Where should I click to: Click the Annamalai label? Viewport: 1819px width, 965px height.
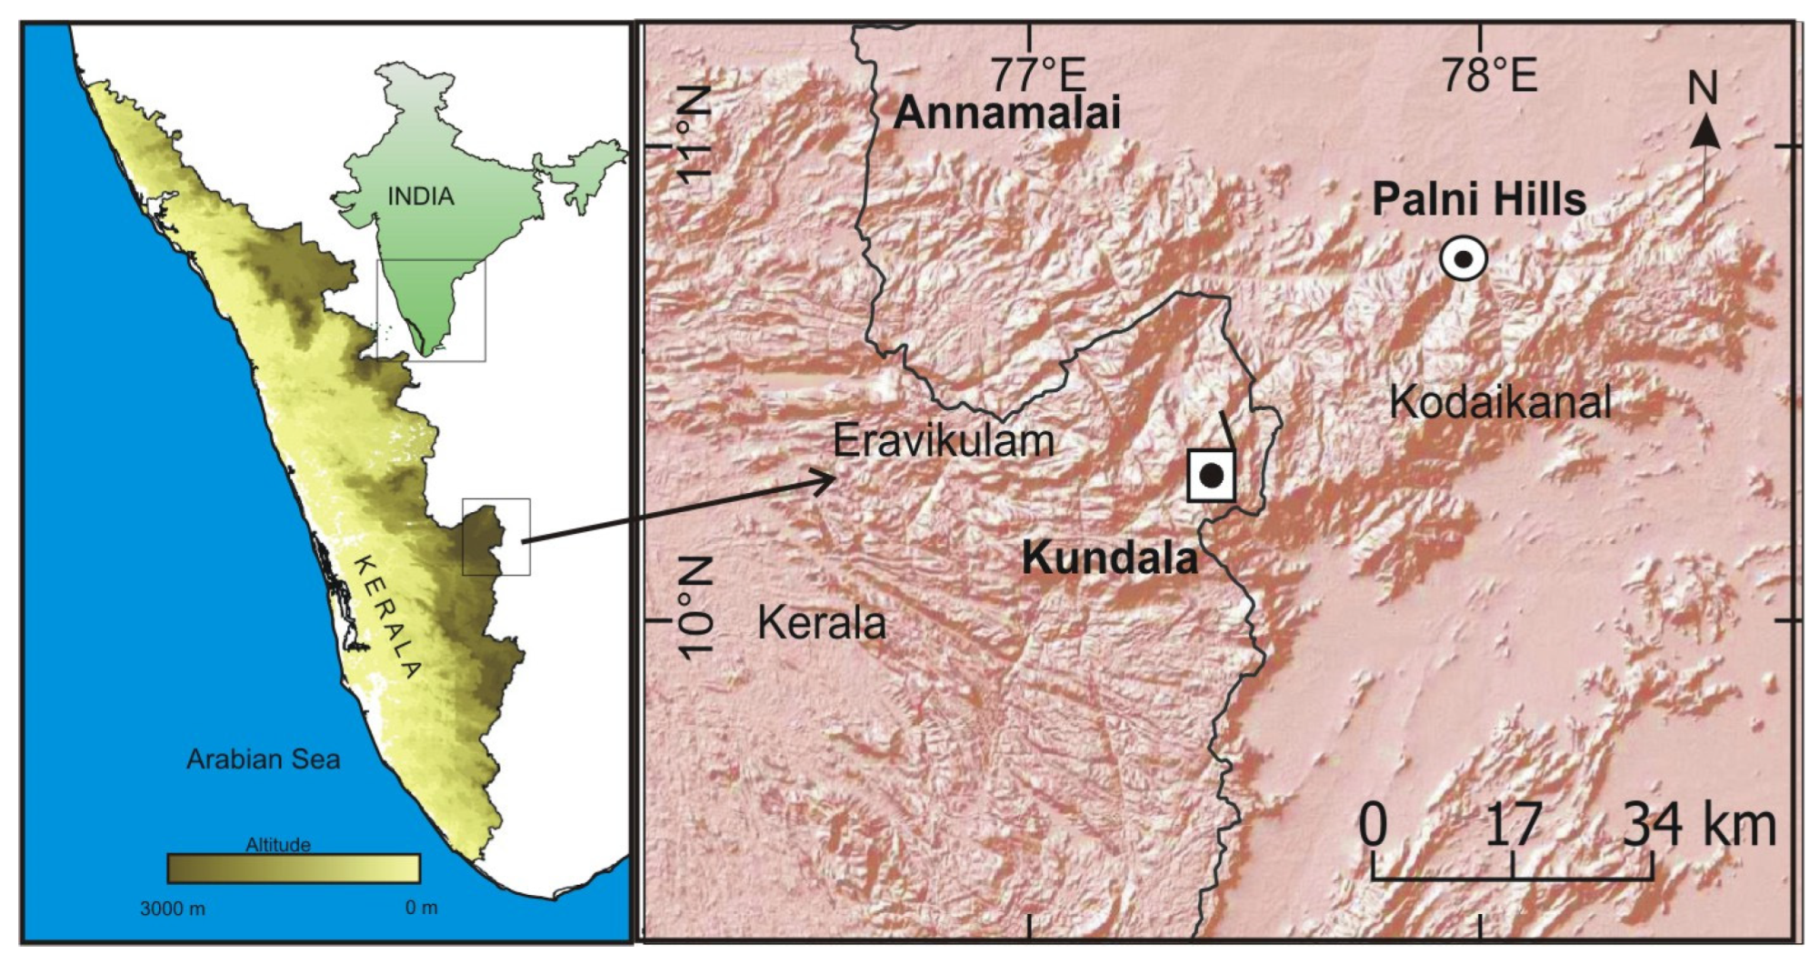(x=1006, y=113)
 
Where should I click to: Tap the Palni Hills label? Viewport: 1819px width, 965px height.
(x=1478, y=199)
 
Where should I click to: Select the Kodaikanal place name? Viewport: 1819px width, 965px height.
(x=1501, y=402)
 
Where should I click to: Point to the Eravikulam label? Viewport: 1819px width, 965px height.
(x=944, y=441)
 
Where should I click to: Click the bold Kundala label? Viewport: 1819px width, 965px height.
(x=1110, y=558)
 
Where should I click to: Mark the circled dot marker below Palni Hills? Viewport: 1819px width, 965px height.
(x=1464, y=258)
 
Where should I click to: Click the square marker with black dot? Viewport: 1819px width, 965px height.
(x=1211, y=475)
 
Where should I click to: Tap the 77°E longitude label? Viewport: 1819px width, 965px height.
(x=1037, y=75)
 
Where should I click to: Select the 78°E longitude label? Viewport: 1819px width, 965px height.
(x=1488, y=75)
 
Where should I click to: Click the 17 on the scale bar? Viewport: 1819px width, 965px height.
(x=1513, y=825)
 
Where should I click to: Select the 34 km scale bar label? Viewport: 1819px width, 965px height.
(x=1699, y=825)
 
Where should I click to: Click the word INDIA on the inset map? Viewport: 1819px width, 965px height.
(x=420, y=196)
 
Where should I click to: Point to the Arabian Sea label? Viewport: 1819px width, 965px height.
(x=263, y=759)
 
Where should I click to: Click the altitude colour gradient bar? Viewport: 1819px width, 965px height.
(x=293, y=869)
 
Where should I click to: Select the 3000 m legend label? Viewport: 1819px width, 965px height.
(x=172, y=908)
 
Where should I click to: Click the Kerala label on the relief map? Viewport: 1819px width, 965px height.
(x=821, y=624)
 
